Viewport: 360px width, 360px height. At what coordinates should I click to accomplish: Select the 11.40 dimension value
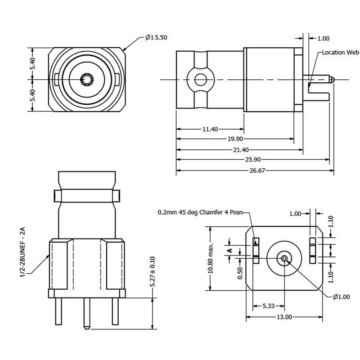point(210,129)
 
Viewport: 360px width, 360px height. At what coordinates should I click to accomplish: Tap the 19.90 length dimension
point(235,139)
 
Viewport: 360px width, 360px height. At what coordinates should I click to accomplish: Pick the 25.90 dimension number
point(253,160)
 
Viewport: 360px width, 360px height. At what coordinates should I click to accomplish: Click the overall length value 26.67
point(255,171)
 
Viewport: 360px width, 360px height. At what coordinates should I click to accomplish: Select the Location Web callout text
point(340,53)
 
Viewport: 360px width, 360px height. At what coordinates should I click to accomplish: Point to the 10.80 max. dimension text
point(210,259)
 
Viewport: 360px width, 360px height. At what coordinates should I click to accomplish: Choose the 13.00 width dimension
point(284,317)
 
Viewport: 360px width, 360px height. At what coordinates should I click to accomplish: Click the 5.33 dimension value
point(268,306)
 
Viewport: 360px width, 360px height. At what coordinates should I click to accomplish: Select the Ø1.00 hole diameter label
point(342,297)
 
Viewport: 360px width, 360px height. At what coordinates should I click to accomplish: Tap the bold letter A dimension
point(229,250)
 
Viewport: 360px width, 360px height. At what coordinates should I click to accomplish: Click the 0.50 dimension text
point(240,273)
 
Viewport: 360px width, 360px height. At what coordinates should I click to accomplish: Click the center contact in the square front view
point(86,80)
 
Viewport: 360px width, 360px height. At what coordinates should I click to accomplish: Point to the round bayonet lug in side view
point(200,80)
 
